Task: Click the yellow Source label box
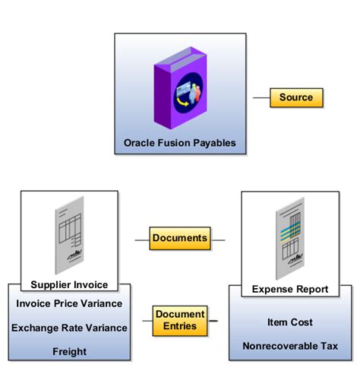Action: click(296, 97)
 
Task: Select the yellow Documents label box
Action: click(179, 238)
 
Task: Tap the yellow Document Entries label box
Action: click(179, 320)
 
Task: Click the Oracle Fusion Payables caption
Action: click(180, 142)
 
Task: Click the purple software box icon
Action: click(180, 89)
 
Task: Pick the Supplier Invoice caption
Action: click(69, 285)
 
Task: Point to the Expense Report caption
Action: click(289, 289)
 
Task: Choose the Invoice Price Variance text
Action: click(69, 303)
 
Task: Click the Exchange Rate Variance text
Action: click(69, 328)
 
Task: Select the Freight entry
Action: click(69, 351)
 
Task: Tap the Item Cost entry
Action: click(289, 322)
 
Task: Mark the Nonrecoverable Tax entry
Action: click(289, 346)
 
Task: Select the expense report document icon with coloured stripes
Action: click(290, 236)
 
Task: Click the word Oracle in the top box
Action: click(139, 142)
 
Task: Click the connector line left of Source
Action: click(261, 97)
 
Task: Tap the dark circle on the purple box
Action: click(185, 94)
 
